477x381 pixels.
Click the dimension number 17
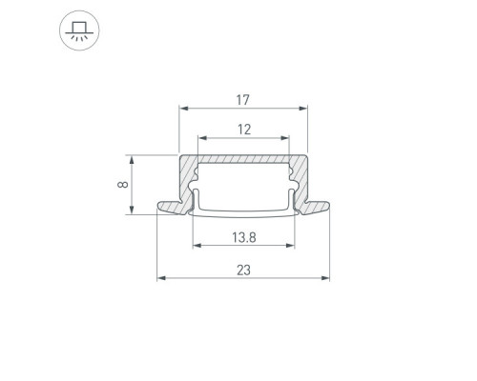click(243, 100)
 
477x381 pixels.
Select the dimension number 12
click(244, 130)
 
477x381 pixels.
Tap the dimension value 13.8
click(244, 237)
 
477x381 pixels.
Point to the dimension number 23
click(243, 271)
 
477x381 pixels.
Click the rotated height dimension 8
click(123, 185)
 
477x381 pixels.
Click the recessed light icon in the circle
click(79, 30)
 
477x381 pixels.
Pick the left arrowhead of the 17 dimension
click(184, 109)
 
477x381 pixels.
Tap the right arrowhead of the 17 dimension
click(303, 109)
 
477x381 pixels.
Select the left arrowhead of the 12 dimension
click(202, 138)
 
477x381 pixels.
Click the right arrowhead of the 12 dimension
click(284, 138)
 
